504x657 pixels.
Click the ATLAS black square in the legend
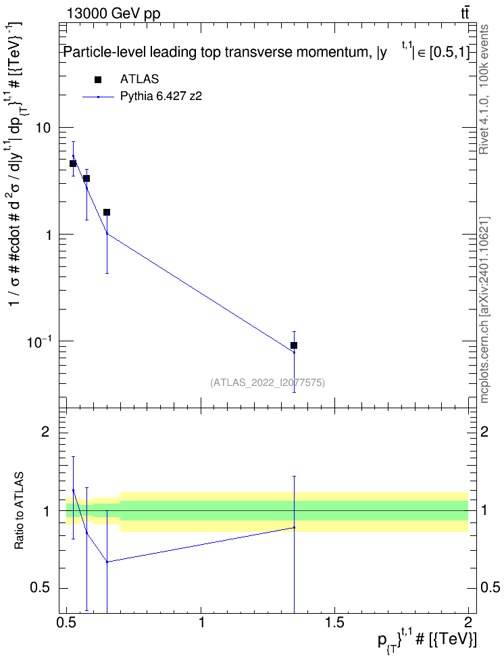(x=98, y=80)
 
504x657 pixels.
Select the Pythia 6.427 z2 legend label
(x=161, y=97)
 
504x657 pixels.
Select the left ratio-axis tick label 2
(x=45, y=431)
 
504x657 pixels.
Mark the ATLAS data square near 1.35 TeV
(x=294, y=345)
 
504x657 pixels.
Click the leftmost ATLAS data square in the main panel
(x=73, y=164)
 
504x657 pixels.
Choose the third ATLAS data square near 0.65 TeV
(x=107, y=212)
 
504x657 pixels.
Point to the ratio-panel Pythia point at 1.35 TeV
(x=294, y=527)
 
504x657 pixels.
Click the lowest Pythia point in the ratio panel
(x=107, y=562)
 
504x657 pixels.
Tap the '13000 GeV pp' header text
(x=113, y=14)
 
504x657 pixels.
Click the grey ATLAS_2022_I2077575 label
(x=268, y=382)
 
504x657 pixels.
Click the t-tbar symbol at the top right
(x=465, y=13)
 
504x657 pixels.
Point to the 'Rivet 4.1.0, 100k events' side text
(x=484, y=89)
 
